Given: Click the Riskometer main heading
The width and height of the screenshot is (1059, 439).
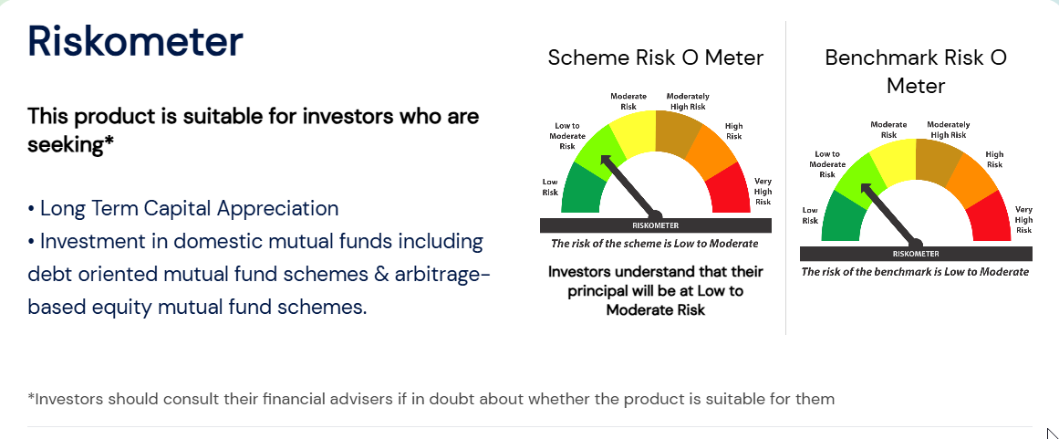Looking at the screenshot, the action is (x=135, y=41).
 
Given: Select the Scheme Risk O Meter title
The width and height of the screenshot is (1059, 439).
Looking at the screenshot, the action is (x=655, y=57).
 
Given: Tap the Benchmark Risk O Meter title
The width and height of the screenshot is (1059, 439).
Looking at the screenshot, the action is (x=916, y=71).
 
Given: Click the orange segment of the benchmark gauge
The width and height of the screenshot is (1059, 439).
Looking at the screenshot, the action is (x=971, y=177).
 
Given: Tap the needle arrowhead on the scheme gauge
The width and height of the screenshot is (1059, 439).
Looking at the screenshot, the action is (x=605, y=161).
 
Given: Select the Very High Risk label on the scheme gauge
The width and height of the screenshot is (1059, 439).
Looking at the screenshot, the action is (x=763, y=192).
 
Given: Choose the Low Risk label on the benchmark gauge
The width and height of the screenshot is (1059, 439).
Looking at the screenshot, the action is (x=810, y=215).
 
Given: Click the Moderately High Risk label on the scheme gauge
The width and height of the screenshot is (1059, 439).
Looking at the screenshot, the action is (x=688, y=101).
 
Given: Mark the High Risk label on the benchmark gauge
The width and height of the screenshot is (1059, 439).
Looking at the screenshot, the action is (x=994, y=160).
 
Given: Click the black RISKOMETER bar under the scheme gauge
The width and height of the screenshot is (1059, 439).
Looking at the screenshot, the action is (x=655, y=225).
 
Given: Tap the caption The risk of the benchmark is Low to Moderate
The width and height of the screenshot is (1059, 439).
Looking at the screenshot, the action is (x=915, y=272).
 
